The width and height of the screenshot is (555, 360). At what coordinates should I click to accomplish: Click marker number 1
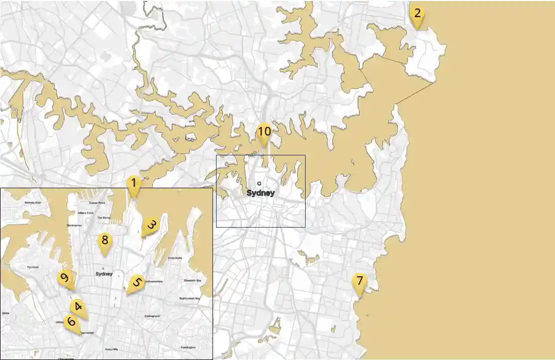(x=133, y=184)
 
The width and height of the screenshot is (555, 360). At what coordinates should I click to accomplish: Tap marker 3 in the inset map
(x=150, y=226)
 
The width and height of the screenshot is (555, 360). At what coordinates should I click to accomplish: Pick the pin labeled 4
(x=77, y=307)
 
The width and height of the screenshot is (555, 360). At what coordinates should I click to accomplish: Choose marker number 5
(x=136, y=283)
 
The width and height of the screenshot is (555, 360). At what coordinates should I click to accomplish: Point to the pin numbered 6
(x=71, y=322)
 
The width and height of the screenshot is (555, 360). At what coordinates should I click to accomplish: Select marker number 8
(x=105, y=241)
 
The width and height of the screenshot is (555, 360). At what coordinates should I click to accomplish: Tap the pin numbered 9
(x=64, y=278)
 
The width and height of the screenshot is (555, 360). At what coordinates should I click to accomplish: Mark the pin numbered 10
(x=264, y=132)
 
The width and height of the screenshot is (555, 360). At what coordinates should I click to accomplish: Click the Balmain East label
(x=35, y=203)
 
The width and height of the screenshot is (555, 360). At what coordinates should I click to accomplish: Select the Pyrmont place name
(x=33, y=267)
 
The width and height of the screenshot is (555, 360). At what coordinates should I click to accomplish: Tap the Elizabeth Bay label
(x=192, y=281)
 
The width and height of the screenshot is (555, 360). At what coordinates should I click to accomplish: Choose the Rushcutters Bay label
(x=189, y=298)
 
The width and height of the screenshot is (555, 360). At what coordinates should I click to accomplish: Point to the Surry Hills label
(x=111, y=349)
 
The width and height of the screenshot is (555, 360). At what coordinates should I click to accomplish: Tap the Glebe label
(x=5, y=313)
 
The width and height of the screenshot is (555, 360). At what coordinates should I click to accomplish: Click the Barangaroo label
(x=74, y=226)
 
